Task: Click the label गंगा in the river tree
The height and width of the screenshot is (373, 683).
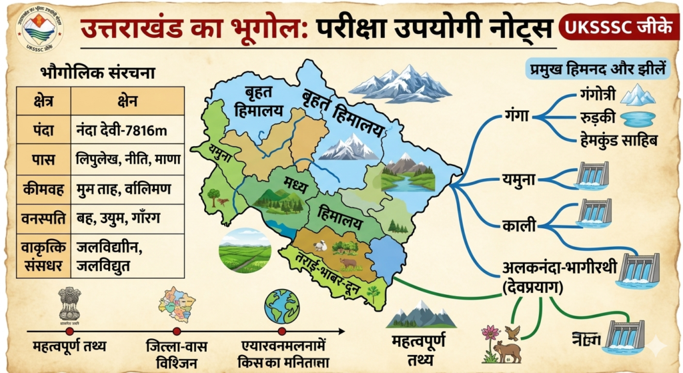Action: [517, 116]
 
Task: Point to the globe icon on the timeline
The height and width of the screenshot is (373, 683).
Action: [281, 306]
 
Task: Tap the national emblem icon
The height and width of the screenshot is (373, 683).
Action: [69, 304]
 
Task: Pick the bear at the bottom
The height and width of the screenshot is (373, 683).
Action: [507, 351]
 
